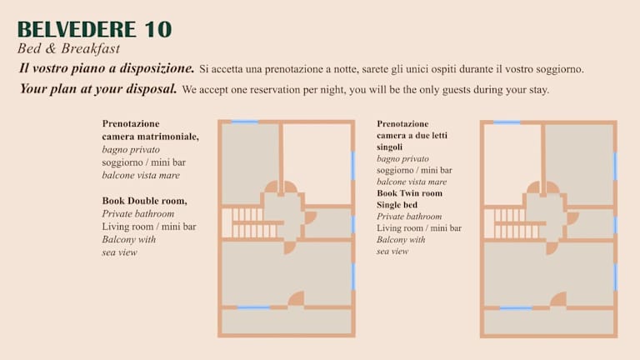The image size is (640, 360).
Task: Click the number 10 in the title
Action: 158,29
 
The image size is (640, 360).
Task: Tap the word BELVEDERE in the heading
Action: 77,29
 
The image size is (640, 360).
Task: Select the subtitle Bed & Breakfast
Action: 68,48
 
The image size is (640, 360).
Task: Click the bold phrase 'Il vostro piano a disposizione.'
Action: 107,68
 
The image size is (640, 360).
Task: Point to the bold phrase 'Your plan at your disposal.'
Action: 98,88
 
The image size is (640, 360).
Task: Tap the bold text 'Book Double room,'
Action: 144,201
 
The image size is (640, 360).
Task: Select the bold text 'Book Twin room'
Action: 409,193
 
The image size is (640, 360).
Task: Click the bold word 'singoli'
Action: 389,147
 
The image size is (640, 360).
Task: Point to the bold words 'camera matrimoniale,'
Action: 150,137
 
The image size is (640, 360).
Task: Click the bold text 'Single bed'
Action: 397,204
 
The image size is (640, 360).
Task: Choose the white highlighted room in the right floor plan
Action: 512,159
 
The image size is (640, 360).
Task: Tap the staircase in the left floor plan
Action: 248,222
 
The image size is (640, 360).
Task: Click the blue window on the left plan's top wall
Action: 245,122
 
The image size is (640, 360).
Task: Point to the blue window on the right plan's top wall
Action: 507,122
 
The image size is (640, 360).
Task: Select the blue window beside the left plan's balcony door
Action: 253,307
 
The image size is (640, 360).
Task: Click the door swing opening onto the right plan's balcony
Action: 559,300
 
